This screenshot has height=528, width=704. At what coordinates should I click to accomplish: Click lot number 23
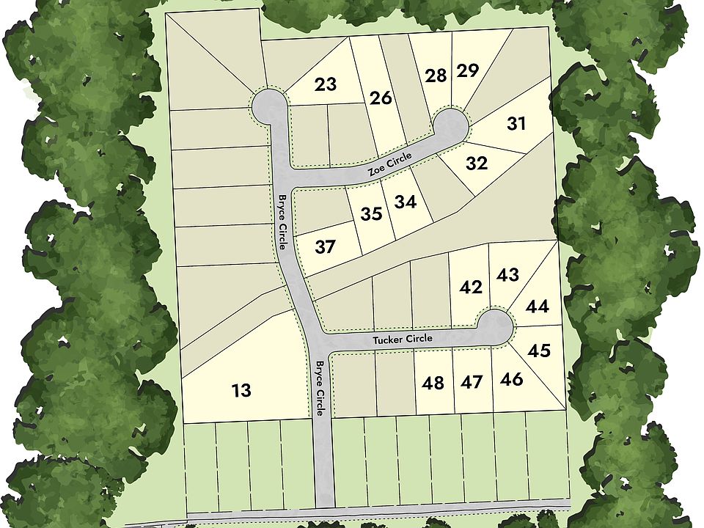326,84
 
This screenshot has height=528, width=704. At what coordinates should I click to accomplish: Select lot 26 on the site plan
381,98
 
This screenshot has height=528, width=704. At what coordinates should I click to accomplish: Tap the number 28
436,76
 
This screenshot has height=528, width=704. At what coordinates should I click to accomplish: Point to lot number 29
467,71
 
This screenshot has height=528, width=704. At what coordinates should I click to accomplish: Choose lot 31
516,124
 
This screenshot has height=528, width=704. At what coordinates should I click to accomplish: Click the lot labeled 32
477,164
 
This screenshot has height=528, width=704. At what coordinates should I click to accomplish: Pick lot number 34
405,202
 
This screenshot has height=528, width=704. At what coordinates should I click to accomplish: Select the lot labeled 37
325,247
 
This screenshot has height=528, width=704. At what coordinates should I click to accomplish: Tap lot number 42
471,287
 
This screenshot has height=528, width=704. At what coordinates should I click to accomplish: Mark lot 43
507,276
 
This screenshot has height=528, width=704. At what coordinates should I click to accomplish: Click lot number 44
538,307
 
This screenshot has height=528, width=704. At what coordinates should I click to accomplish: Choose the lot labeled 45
539,351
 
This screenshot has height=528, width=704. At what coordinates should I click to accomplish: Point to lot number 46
511,379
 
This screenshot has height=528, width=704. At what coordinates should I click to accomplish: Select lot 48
433,383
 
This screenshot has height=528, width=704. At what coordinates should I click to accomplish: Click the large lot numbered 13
241,391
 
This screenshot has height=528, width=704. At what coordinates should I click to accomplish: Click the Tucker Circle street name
402,340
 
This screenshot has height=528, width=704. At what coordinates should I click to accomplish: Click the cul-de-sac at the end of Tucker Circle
495,326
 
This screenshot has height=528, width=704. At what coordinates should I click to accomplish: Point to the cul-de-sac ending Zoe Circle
450,126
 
